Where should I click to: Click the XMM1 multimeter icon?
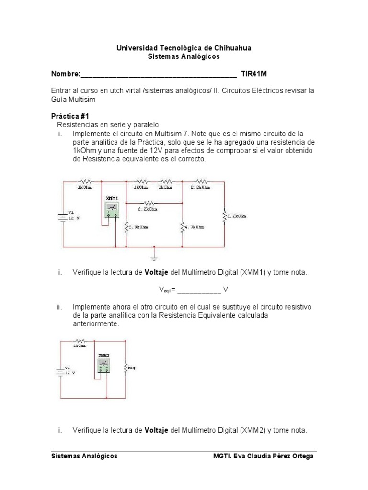tap(112, 209)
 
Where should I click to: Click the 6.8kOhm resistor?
tap(126, 228)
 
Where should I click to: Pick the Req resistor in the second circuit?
tap(125, 368)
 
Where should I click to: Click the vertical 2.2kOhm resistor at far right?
tap(224, 216)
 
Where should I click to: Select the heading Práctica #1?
tap(70, 116)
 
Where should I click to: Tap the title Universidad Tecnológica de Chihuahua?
tap(184, 48)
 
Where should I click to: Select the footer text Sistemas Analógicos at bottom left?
tap(84, 456)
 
